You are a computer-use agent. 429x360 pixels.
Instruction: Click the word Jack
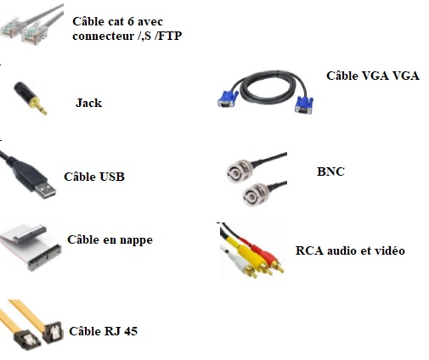coord(88,103)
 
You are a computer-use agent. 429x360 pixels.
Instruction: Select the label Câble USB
coord(94,177)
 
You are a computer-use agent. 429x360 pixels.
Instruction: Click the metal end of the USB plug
coord(46,191)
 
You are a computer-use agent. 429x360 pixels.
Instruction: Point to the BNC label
coord(330,172)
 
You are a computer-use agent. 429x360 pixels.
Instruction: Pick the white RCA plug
coord(240,262)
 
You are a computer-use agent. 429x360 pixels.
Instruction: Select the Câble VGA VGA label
coord(373,76)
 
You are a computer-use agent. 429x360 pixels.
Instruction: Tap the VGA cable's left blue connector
coord(228,98)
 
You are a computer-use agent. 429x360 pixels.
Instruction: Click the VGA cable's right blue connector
coord(304,105)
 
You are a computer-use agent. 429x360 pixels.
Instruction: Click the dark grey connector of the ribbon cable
coord(44,257)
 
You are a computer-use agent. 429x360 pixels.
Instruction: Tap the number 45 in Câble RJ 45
coord(130,331)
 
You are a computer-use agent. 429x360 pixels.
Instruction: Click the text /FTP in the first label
coord(168,36)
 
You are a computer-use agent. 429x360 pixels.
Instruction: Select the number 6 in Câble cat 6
coord(131,22)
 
